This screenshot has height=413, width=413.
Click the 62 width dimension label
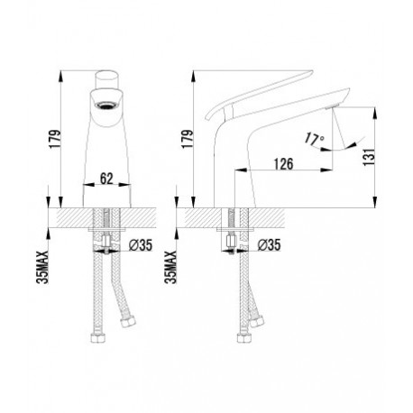(106, 179)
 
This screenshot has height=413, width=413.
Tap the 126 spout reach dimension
(283, 164)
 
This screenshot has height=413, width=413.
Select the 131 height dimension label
(369, 156)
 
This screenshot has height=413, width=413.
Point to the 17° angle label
(314, 139)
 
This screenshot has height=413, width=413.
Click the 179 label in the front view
(55, 139)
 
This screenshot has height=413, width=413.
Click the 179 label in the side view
(187, 139)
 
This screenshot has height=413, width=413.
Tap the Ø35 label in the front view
(141, 245)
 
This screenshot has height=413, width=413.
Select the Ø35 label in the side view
(269, 245)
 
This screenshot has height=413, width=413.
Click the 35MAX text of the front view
(41, 267)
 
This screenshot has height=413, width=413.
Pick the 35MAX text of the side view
(170, 267)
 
